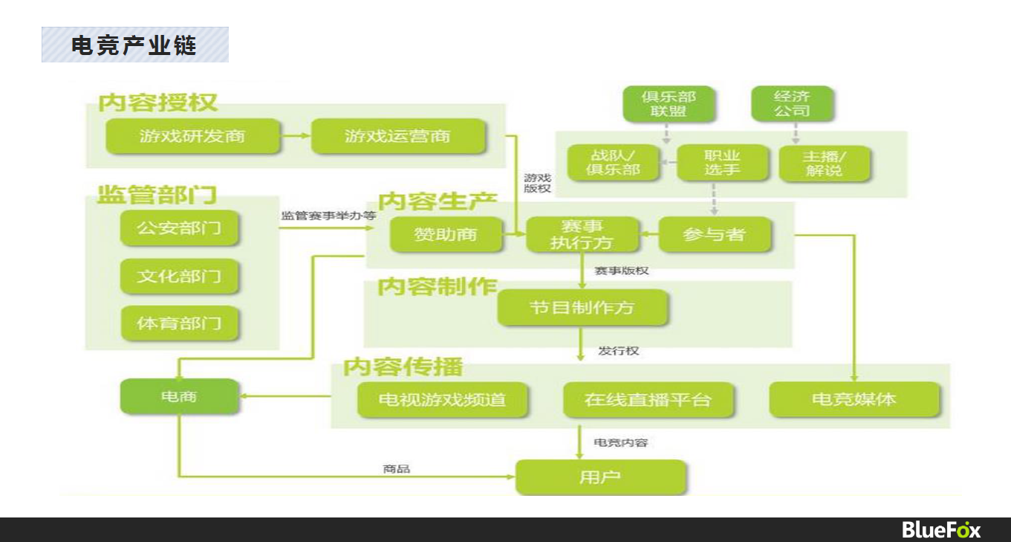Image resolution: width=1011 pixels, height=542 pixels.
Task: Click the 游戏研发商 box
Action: [192, 136]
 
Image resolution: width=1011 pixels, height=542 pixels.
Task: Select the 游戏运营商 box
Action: [398, 136]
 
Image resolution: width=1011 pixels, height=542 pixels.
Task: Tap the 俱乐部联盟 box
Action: [669, 104]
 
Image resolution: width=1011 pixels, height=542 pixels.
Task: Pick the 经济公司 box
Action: [792, 104]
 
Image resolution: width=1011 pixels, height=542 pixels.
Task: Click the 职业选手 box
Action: [722, 163]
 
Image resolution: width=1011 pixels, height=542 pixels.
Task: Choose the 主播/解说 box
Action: [824, 164]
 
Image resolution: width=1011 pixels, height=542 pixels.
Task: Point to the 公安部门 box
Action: [179, 228]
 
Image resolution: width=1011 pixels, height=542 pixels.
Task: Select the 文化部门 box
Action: [179, 276]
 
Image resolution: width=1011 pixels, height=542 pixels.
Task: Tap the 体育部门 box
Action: [179, 323]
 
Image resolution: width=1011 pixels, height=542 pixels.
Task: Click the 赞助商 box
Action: [446, 234]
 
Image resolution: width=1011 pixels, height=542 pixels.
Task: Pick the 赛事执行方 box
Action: [582, 234]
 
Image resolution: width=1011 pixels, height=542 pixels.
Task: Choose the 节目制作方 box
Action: [582, 308]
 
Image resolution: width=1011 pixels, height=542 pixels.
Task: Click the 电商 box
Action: [179, 396]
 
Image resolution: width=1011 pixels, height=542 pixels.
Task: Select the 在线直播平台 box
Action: [648, 400]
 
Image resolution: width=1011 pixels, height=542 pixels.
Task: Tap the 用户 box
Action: [600, 477]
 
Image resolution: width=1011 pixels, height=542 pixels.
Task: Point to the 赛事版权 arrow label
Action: [622, 271]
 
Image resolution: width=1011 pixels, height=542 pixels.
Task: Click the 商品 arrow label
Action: [396, 469]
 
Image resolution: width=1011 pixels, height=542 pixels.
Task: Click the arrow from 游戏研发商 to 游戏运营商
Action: [296, 135]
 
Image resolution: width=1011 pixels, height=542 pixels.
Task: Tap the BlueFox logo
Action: [941, 529]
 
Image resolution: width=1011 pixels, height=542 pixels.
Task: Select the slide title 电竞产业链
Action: [134, 45]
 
